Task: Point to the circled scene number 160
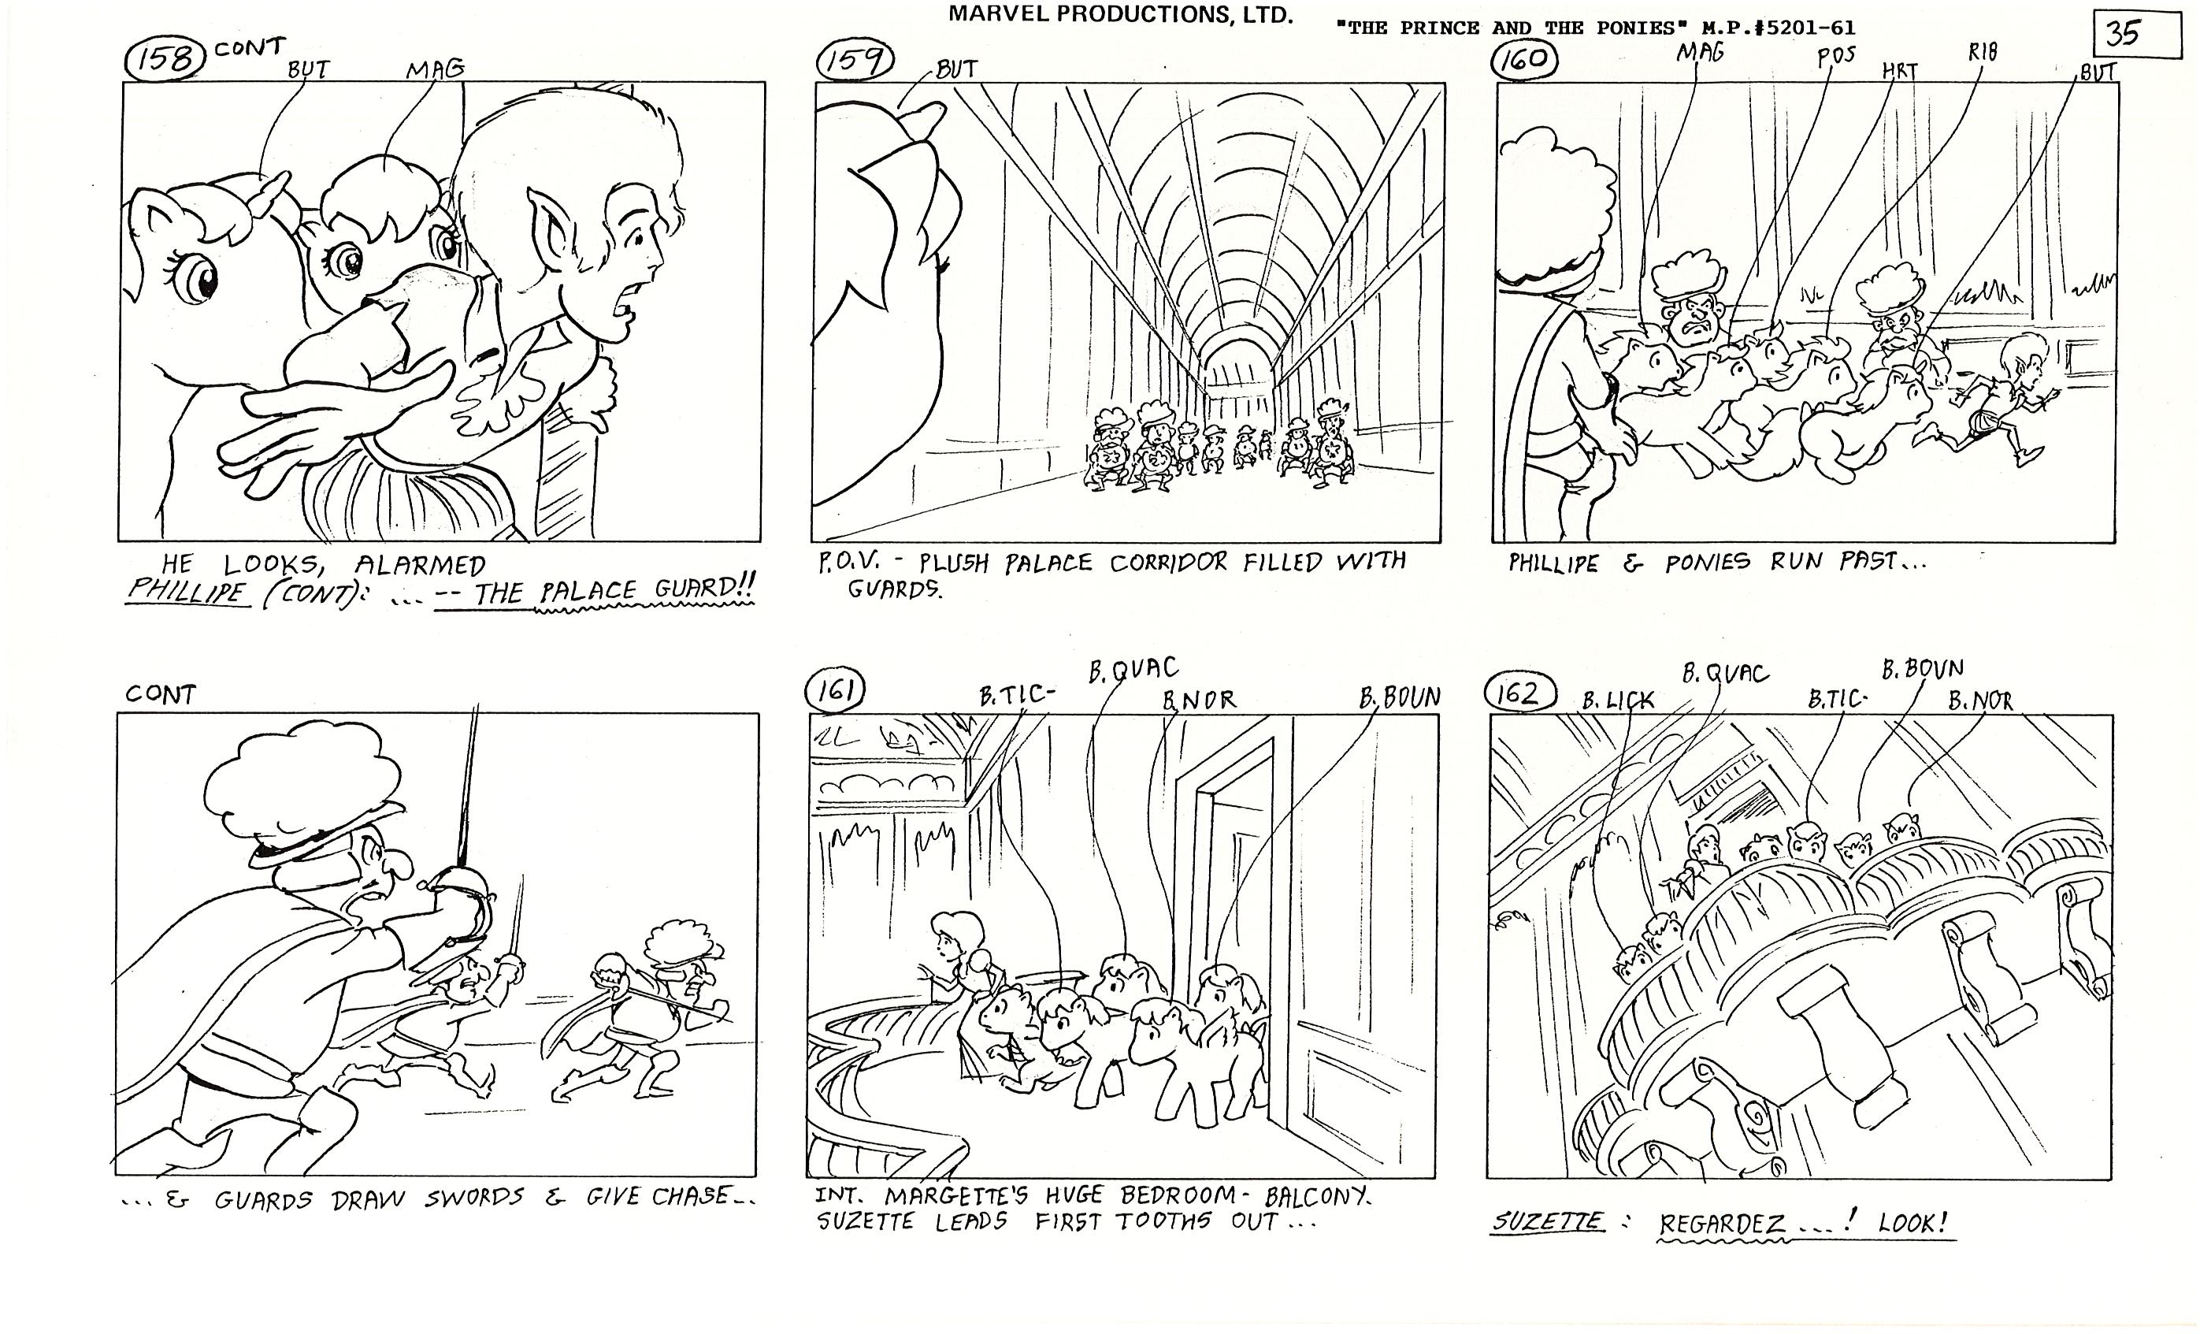[x=1525, y=59]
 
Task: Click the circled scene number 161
[x=836, y=690]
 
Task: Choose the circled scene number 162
[x=1519, y=693]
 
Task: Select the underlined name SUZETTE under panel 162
[x=1547, y=1221]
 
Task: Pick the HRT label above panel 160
[x=1900, y=71]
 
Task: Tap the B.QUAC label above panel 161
[x=1133, y=670]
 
